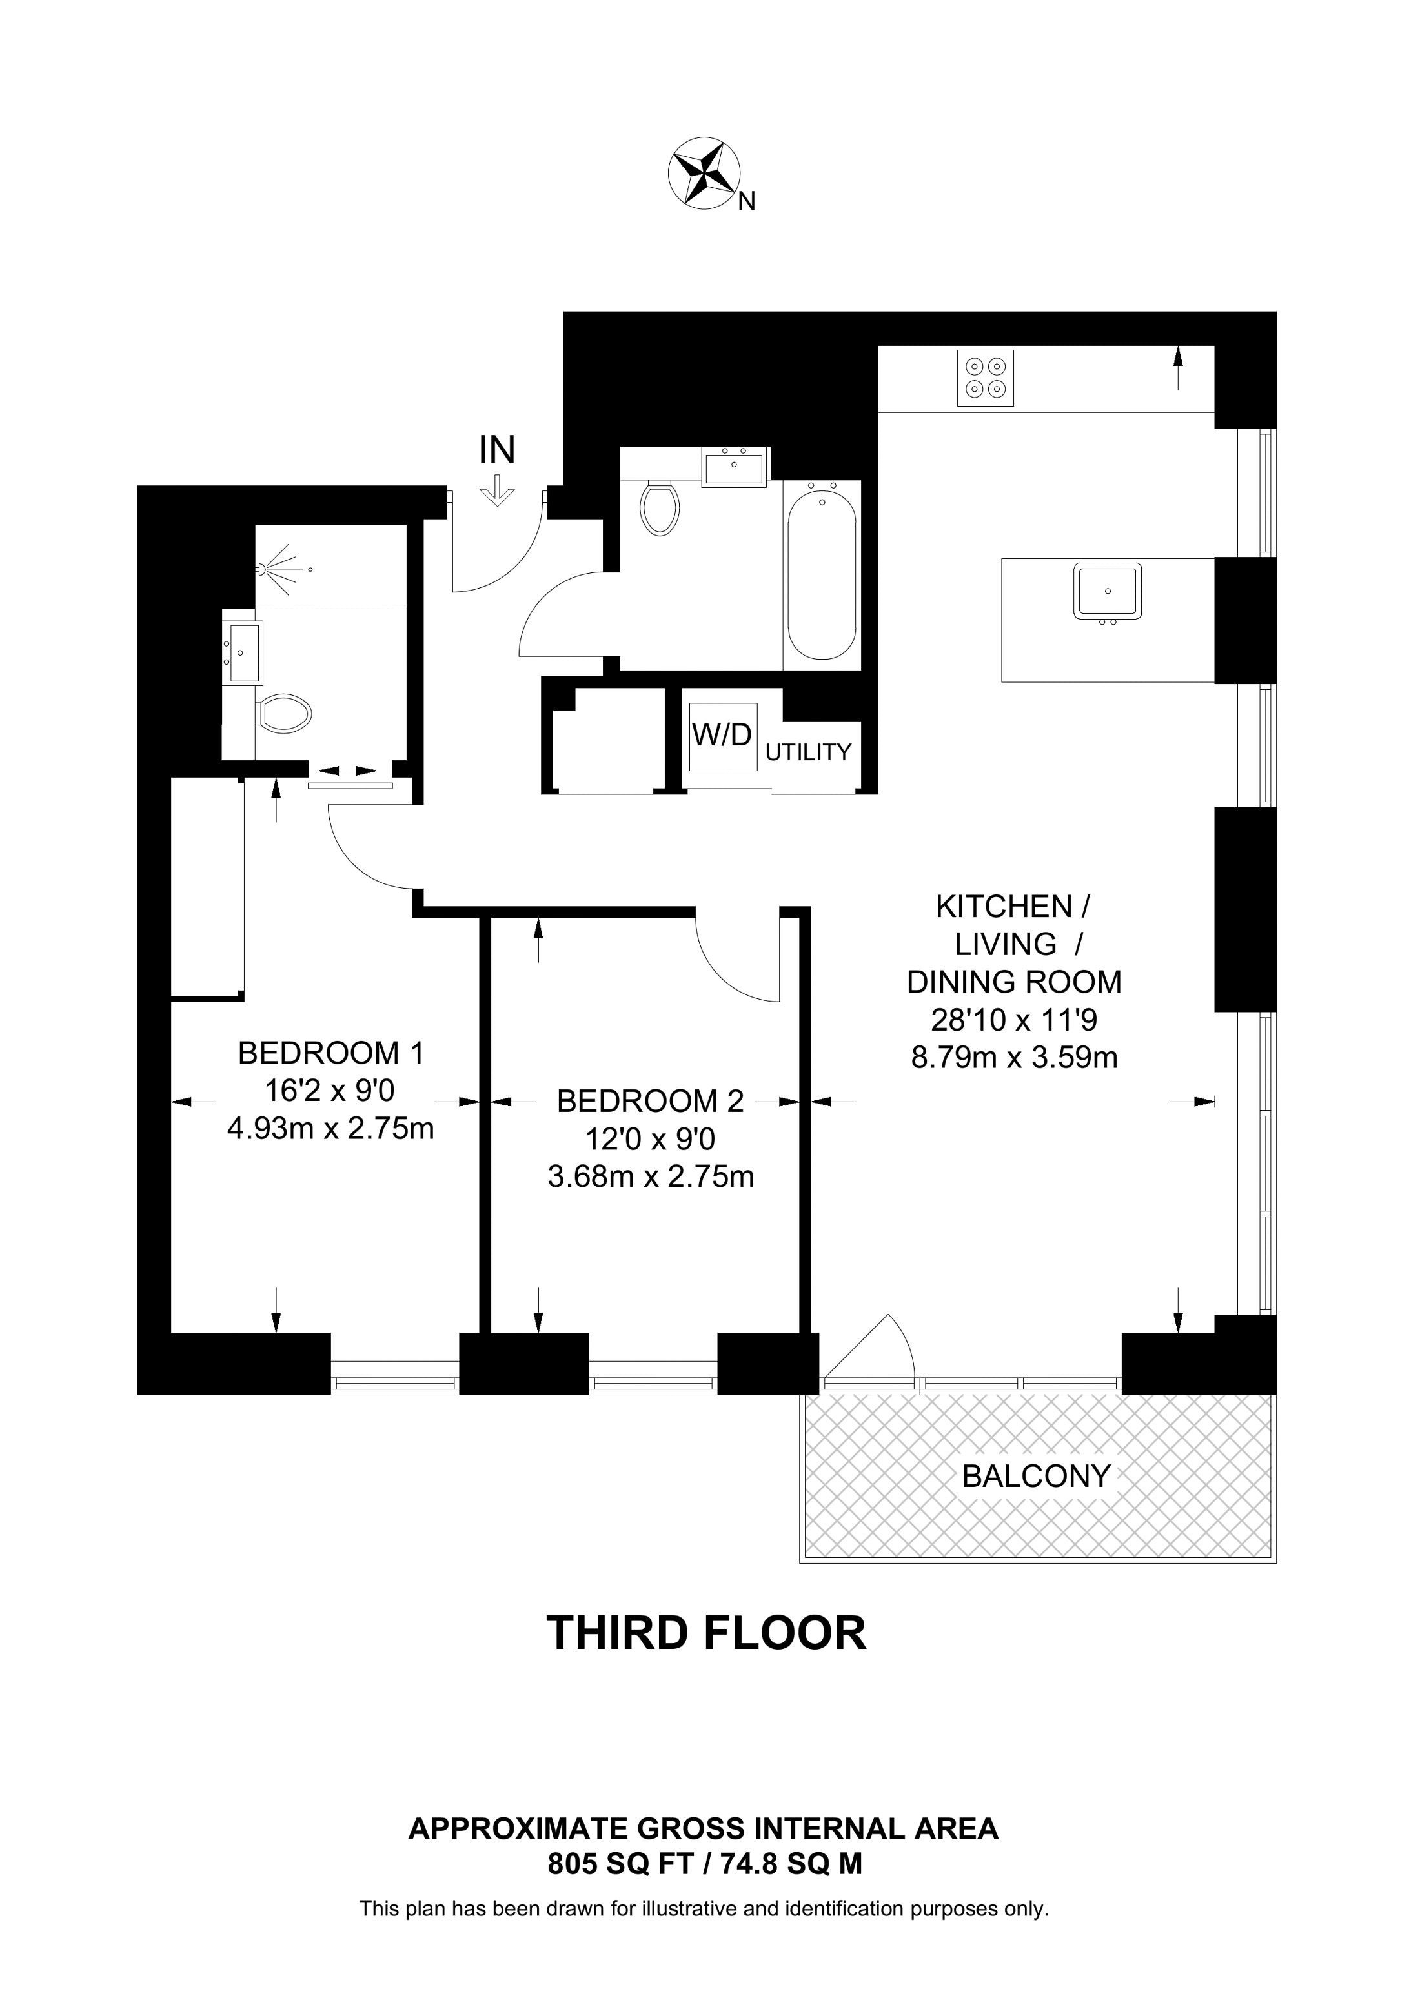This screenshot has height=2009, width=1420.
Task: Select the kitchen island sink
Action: point(1108,592)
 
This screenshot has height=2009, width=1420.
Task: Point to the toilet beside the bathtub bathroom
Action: point(660,507)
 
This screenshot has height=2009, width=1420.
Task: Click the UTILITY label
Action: point(807,752)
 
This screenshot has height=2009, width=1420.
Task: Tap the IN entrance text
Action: point(496,450)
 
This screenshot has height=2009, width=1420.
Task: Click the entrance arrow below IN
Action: point(497,491)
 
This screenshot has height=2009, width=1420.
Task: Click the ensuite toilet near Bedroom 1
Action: point(285,713)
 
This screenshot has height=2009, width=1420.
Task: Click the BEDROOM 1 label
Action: point(330,1053)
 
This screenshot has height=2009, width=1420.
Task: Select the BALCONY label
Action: point(1036,1476)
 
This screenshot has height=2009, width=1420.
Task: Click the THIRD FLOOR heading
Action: point(706,1633)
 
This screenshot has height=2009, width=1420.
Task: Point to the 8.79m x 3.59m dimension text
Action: point(1014,1058)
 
